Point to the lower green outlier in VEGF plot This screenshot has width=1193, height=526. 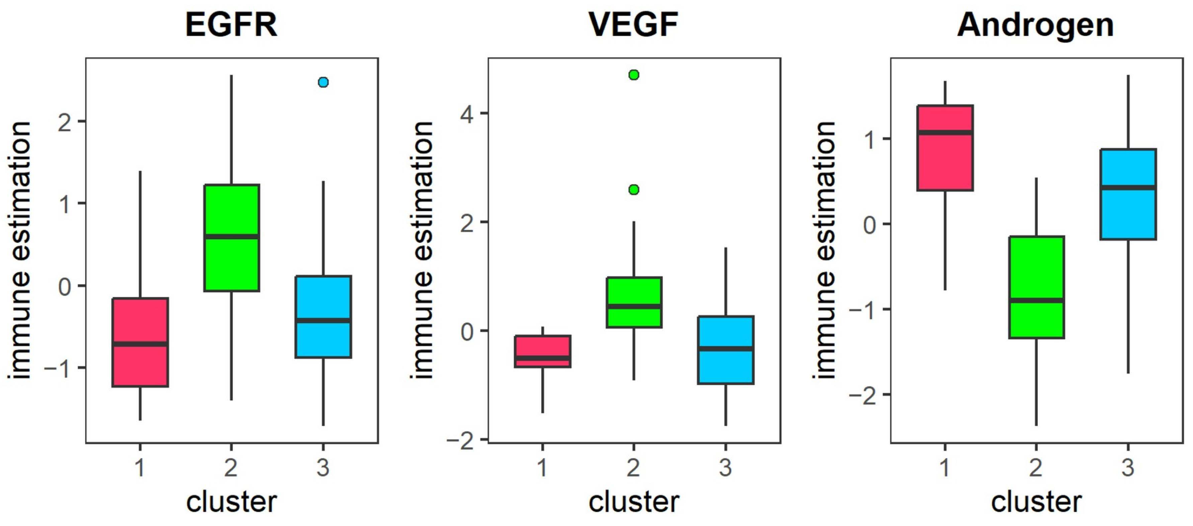634,190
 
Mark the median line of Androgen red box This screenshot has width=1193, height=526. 945,133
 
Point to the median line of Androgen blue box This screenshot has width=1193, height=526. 1128,187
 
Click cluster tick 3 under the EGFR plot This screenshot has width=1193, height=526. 323,467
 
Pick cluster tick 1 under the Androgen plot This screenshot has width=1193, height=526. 945,467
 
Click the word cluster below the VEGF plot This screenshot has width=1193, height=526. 633,502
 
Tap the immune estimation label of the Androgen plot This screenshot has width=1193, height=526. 824,250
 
